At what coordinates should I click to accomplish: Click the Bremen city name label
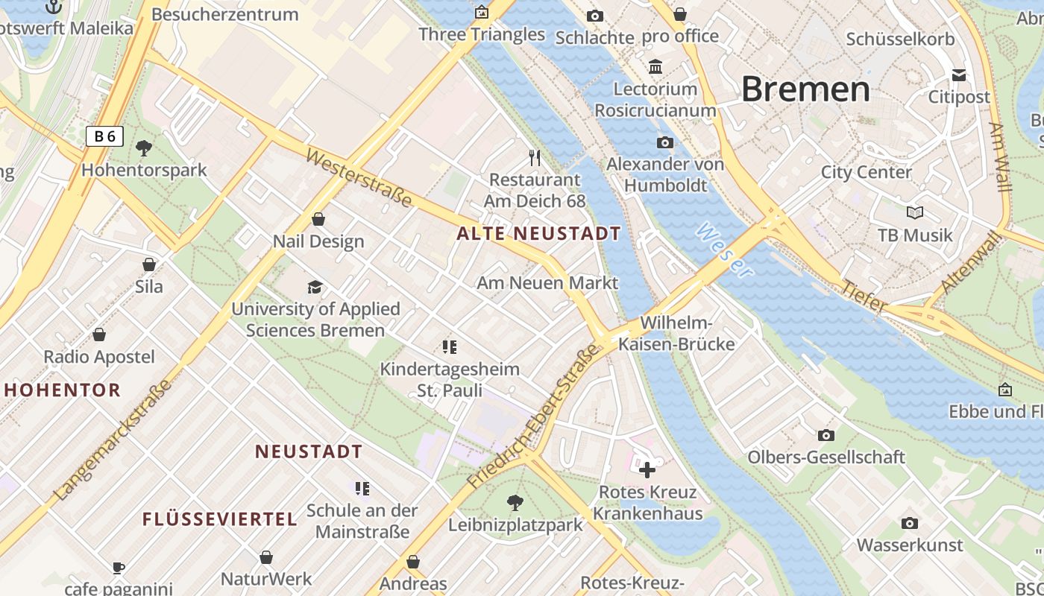805,89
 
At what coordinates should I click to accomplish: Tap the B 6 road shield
104,136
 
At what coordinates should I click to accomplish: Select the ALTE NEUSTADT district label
538,234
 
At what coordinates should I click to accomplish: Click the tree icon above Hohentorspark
144,148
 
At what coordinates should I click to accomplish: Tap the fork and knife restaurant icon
534,157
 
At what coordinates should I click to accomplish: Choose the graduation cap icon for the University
315,287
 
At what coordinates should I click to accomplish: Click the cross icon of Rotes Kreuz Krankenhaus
647,470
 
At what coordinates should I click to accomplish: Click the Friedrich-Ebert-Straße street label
533,416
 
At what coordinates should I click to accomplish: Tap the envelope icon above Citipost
959,75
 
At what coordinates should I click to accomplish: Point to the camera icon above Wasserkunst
909,523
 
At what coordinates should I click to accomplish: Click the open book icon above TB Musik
915,212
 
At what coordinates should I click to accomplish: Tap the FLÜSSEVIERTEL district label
220,519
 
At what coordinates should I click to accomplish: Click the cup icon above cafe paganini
119,568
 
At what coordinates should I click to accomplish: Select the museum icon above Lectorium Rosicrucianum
655,67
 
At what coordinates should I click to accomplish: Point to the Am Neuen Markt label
547,283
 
